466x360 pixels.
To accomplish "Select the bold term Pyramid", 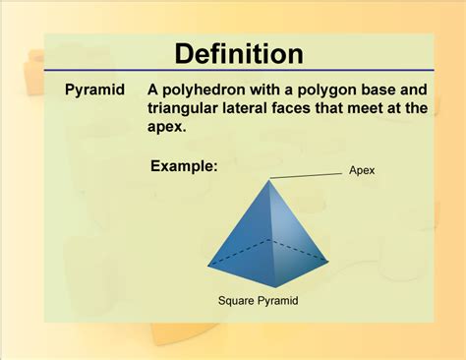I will coord(94,90).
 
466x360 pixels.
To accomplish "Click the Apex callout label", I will coord(362,170).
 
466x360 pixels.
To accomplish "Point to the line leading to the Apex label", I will coord(307,175).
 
